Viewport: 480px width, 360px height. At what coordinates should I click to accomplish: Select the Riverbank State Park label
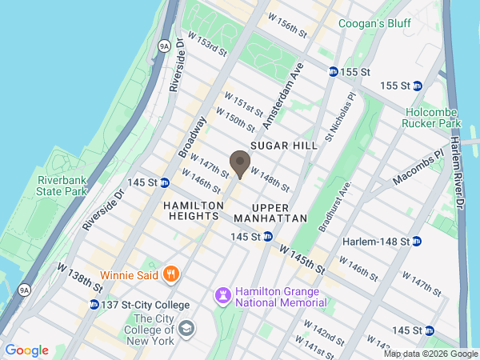[62, 186]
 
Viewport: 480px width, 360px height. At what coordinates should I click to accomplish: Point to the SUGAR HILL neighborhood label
[284, 146]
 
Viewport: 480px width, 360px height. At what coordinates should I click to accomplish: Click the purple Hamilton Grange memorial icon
[222, 296]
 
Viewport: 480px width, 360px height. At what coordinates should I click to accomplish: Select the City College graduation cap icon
[186, 329]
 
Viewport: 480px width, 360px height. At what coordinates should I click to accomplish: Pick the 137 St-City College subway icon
[95, 305]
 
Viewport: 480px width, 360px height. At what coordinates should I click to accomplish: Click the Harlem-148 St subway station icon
[416, 241]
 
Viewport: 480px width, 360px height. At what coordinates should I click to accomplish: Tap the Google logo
[26, 350]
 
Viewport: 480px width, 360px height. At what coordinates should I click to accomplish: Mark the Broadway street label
[194, 137]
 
